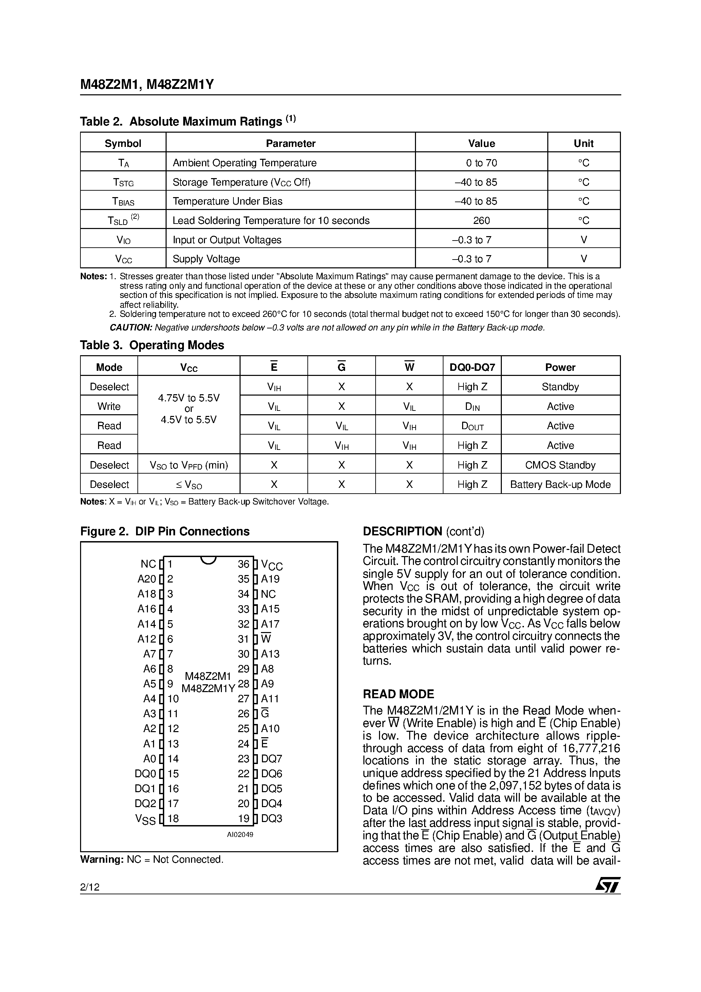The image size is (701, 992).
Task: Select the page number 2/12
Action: tap(90, 887)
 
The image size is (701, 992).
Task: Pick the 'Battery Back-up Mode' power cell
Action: tap(560, 484)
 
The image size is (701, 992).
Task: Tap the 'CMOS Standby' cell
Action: tap(560, 465)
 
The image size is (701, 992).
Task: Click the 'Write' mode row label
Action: tap(109, 406)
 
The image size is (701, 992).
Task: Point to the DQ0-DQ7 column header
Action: tap(472, 367)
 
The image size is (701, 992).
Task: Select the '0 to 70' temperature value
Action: tap(481, 163)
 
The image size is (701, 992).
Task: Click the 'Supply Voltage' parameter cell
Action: tap(206, 259)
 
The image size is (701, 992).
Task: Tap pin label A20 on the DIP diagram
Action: tap(147, 579)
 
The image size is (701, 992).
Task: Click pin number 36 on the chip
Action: tap(243, 564)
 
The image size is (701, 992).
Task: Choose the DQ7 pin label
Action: tap(271, 759)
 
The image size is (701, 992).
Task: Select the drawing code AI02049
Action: tap(240, 835)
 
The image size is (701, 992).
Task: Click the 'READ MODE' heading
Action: tap(398, 694)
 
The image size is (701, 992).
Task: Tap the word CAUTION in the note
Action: tap(131, 327)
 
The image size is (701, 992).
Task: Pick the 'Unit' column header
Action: tap(584, 144)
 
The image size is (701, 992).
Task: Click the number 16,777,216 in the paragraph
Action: tap(591, 748)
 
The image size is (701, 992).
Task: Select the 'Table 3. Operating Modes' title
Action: tap(152, 345)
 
